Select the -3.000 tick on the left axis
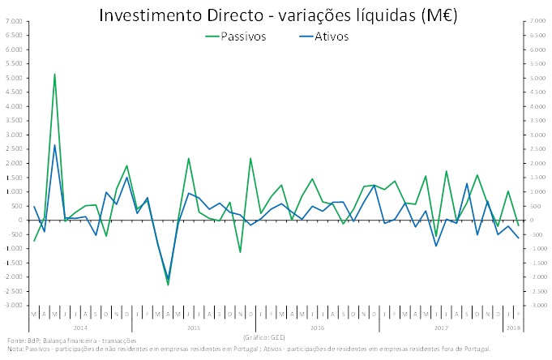(15, 305)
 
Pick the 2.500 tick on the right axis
(537, 149)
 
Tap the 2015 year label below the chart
(193, 327)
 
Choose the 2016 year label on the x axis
(317, 327)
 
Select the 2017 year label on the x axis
(441, 327)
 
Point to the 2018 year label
(514, 327)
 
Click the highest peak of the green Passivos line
(54, 74)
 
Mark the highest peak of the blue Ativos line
(54, 145)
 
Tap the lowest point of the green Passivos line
(168, 285)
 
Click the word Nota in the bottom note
(14, 349)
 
